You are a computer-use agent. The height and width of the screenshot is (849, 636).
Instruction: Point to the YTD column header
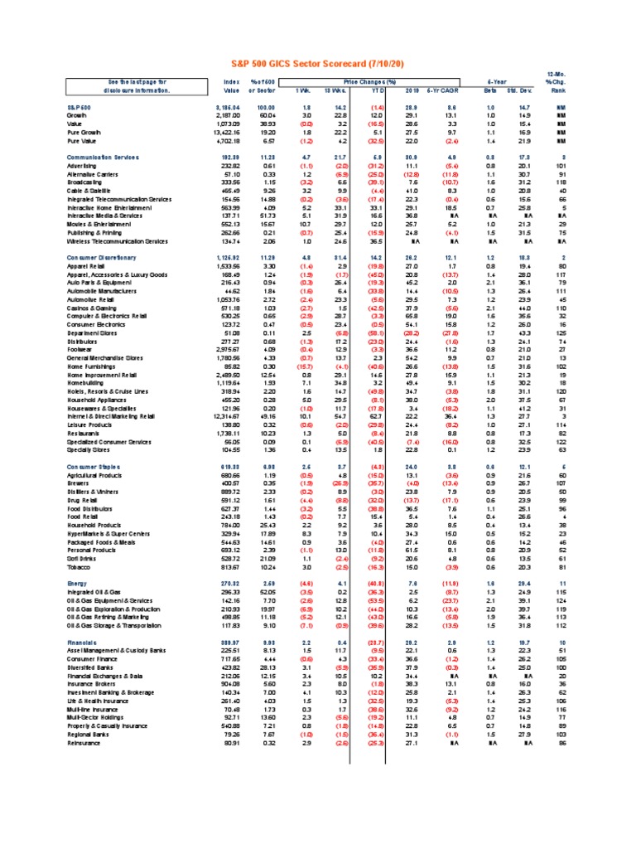pyautogui.click(x=378, y=91)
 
